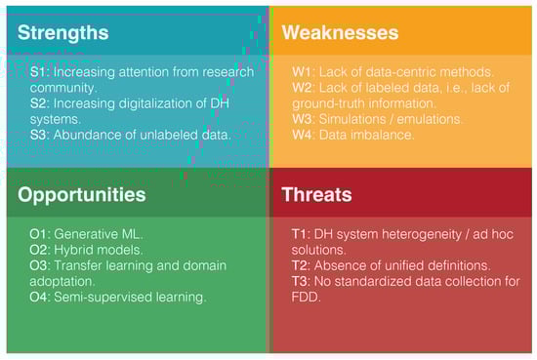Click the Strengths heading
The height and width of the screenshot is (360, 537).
tap(63, 33)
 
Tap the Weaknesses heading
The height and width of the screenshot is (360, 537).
tap(340, 32)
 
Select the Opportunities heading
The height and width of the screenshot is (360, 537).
tap(82, 195)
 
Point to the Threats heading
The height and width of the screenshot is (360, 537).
tap(316, 194)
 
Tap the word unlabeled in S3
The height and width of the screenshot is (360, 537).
tap(169, 135)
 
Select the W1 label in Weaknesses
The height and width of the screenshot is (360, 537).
tap(303, 72)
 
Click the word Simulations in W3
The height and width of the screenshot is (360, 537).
tap(352, 119)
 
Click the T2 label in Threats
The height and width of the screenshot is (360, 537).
tap(301, 266)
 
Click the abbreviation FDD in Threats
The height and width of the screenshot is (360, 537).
tap(306, 297)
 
